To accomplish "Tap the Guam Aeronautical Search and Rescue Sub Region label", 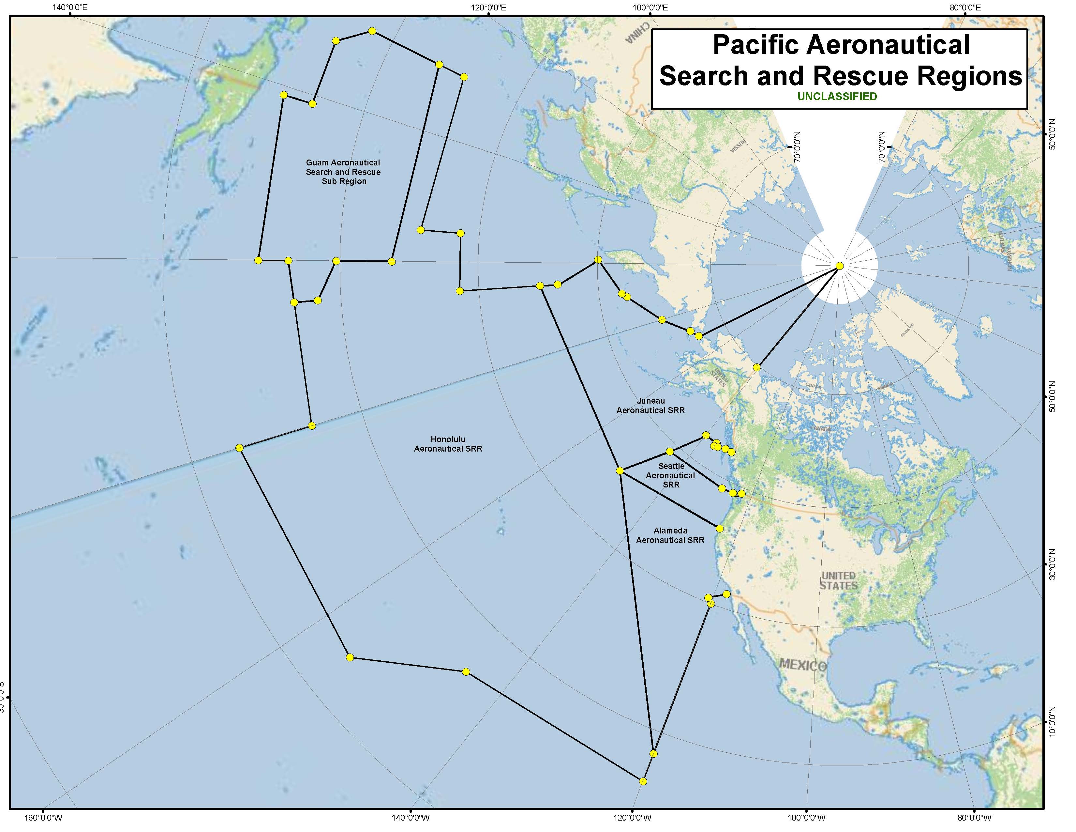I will pos(343,172).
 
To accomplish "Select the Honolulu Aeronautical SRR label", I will pos(448,444).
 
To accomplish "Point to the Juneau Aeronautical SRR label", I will pos(650,406).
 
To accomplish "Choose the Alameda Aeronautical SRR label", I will pos(670,535).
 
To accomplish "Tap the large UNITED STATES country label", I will pos(839,581).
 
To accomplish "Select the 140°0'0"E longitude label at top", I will pos(70,8).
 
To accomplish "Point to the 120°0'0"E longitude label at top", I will pos(488,8).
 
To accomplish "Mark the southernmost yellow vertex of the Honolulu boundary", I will pos(642,781).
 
